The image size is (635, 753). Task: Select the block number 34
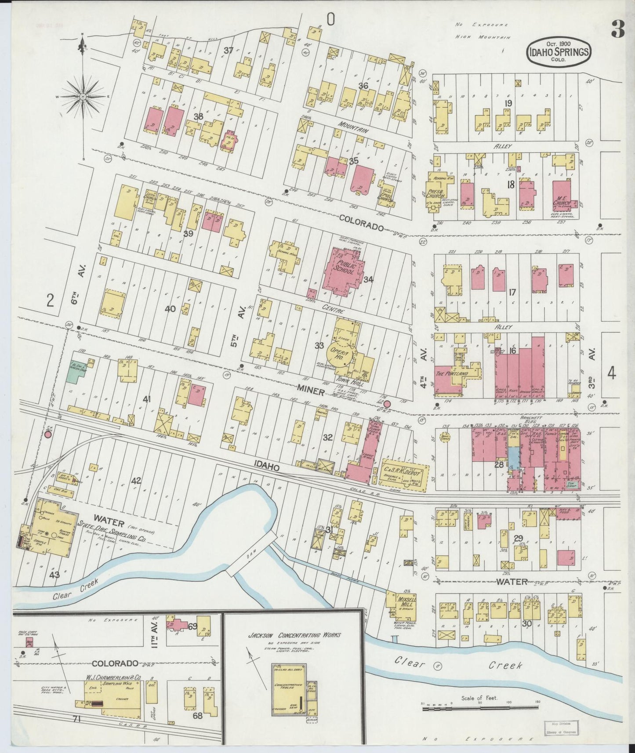click(x=368, y=279)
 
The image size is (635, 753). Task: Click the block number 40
click(x=170, y=309)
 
